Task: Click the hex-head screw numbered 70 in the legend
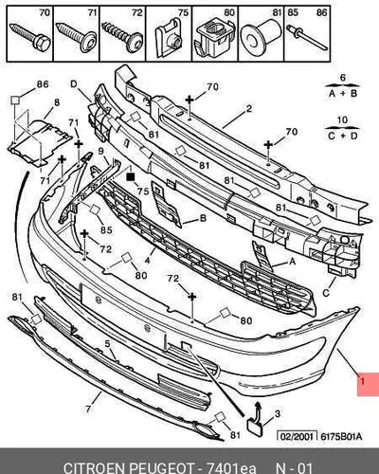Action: click(x=30, y=36)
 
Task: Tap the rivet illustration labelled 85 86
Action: click(x=307, y=37)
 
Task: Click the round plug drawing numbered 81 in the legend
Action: click(x=261, y=37)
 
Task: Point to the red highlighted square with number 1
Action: click(x=368, y=384)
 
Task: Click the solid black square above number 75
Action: click(x=130, y=177)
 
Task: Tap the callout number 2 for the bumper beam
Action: click(x=249, y=109)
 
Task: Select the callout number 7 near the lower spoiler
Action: click(x=88, y=409)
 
